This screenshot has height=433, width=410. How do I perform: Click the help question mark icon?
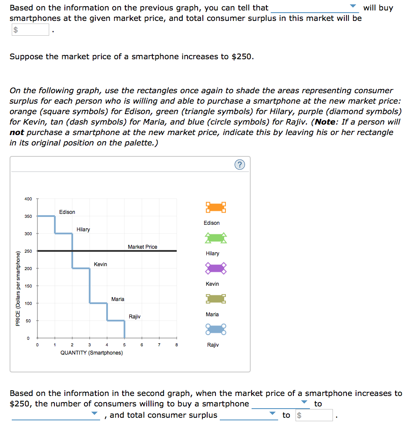point(239,164)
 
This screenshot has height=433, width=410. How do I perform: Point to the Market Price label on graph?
point(142,247)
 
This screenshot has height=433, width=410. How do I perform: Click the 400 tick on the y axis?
point(28,199)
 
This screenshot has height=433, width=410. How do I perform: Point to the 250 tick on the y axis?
point(28,251)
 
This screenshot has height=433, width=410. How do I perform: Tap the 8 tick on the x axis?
point(176,345)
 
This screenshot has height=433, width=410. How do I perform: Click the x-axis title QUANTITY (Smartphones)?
point(91,353)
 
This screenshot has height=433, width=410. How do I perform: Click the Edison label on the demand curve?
point(67,212)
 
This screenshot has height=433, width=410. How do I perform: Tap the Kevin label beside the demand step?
point(100,264)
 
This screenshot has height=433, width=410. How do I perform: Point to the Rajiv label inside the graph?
point(134,317)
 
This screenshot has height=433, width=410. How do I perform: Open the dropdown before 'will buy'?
point(315,8)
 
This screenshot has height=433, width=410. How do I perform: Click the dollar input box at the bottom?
point(314,415)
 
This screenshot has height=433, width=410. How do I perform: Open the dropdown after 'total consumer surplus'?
point(249,415)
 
